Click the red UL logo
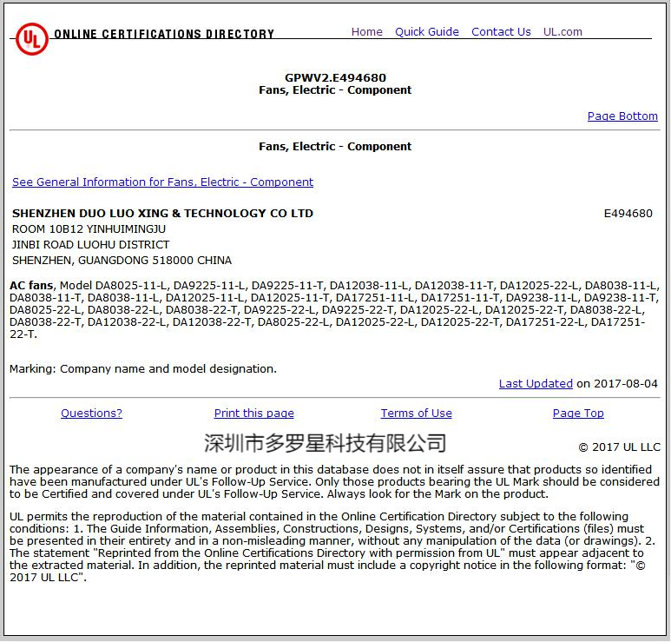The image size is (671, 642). click(31, 38)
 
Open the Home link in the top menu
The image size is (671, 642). click(366, 32)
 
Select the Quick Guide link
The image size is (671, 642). click(426, 32)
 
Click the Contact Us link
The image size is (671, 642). click(501, 32)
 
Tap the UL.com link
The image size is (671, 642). click(562, 32)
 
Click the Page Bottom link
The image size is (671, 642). click(622, 116)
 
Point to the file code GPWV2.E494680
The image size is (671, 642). click(335, 77)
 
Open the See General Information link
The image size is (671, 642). click(162, 182)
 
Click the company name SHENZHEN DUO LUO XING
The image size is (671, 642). click(162, 214)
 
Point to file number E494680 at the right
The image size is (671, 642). click(628, 214)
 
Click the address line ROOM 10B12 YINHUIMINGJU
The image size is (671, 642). click(89, 229)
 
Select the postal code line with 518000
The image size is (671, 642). click(122, 261)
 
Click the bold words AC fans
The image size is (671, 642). click(32, 285)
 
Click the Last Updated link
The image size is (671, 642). click(536, 384)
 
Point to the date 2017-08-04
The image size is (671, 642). click(626, 384)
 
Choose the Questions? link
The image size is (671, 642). click(91, 414)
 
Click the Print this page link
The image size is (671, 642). click(253, 414)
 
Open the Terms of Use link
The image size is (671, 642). click(416, 414)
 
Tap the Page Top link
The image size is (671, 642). click(578, 414)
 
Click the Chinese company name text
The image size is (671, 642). click(325, 443)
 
